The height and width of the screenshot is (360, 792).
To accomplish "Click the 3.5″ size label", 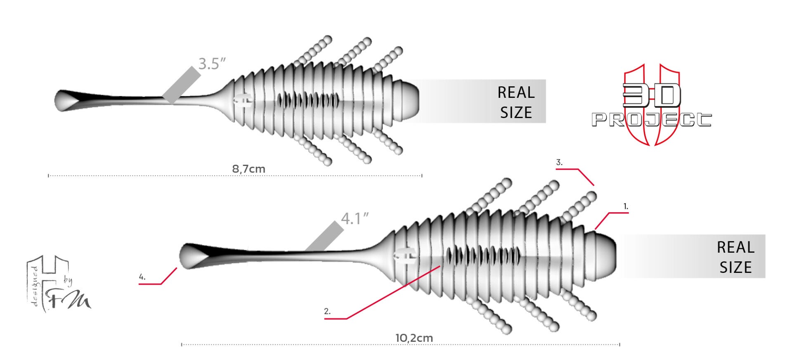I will [212, 64].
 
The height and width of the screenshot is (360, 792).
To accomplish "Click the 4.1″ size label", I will [355, 219].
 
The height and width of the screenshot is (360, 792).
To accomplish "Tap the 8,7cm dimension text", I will [248, 169].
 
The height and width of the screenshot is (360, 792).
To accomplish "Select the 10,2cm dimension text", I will [414, 338].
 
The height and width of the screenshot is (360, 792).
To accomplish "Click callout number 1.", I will [626, 206].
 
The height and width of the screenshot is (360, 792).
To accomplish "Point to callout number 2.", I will [327, 312].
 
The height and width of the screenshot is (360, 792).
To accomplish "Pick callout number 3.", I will [559, 163].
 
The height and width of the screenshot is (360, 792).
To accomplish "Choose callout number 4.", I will [142, 277].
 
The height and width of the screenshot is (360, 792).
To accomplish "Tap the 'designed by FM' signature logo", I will [58, 285].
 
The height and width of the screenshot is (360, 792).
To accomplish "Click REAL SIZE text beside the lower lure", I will [735, 257].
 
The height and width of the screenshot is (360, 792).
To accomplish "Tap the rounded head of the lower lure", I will [603, 256].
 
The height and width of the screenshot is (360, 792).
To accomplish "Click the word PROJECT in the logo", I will [651, 120].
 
